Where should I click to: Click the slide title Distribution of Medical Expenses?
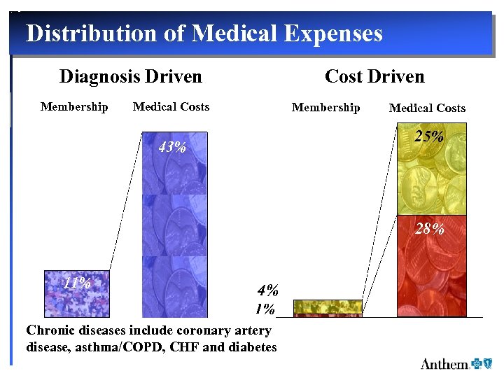coord(204,33)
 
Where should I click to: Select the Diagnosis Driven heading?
coord(130,76)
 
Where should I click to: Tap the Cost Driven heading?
coord(374,76)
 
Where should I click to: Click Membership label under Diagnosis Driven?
coord(74,106)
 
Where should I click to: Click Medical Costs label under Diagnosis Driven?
coord(171,106)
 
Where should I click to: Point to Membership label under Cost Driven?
coord(325,107)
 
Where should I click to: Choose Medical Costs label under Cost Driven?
coord(427,108)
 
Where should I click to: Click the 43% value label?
coord(172,148)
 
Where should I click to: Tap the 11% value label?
coord(77,283)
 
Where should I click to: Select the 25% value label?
coord(428,136)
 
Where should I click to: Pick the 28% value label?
coord(428,228)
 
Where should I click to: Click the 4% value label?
coord(268,290)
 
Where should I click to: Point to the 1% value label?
coord(265,309)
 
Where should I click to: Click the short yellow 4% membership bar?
coord(328,306)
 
